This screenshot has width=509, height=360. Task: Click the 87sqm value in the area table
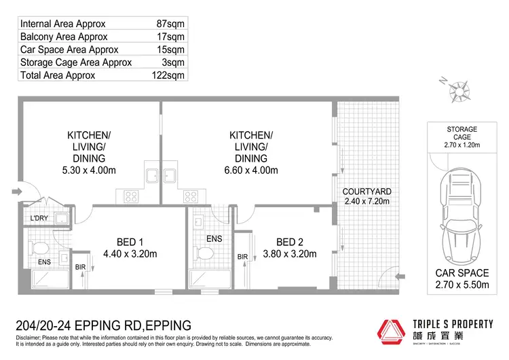point(170,24)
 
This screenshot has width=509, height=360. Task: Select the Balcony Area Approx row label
point(62,37)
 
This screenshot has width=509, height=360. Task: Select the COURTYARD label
point(366,192)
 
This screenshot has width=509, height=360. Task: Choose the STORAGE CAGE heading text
point(461,133)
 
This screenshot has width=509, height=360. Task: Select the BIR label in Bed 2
point(242,257)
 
